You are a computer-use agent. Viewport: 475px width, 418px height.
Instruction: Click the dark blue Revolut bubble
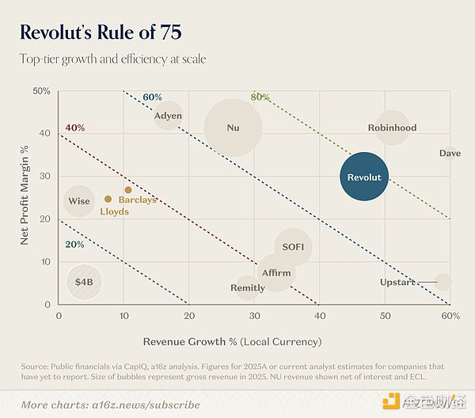pos(364,177)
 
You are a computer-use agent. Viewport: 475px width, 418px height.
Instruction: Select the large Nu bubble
pos(233,127)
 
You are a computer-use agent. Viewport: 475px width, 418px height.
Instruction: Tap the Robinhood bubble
pos(392,127)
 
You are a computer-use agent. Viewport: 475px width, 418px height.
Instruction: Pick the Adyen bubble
pos(167,116)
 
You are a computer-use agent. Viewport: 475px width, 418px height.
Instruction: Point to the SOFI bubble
pos(293,247)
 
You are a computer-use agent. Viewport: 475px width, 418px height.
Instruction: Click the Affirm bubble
pos(275,273)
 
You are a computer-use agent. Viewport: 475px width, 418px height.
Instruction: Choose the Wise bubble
pos(79,201)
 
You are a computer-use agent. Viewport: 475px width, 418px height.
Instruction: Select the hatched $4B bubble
pos(84,281)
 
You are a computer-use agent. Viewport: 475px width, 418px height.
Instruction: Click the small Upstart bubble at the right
pos(443,282)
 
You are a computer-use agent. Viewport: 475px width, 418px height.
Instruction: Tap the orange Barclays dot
pos(128,190)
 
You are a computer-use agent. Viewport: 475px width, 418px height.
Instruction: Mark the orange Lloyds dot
pos(108,199)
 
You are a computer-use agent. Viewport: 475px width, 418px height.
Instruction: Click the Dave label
pos(450,153)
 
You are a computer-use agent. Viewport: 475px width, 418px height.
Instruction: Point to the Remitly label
pos(247,288)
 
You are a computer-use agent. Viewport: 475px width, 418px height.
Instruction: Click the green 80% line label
pos(260,97)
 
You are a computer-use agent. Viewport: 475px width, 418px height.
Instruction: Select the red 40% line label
pos(75,128)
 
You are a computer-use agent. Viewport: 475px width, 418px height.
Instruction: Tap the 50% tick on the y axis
pos(41,92)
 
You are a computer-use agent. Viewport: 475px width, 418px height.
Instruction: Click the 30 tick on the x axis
pos(254,316)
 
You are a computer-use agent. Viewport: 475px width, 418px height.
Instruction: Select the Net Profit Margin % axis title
pos(24,198)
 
